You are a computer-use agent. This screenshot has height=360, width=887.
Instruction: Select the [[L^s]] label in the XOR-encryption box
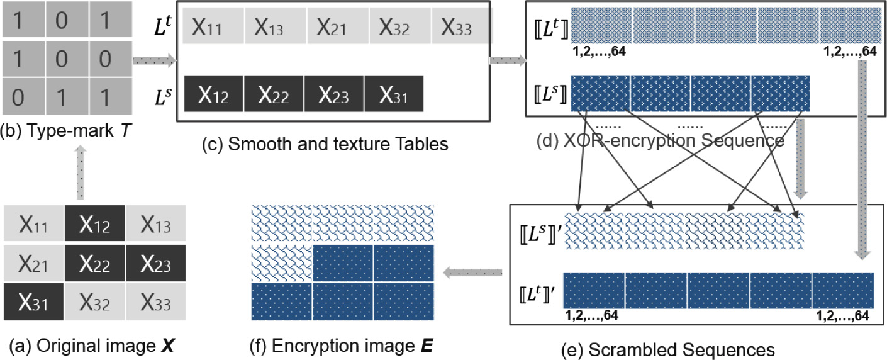tap(549, 94)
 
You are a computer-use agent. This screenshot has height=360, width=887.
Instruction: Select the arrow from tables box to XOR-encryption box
tap(507, 60)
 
